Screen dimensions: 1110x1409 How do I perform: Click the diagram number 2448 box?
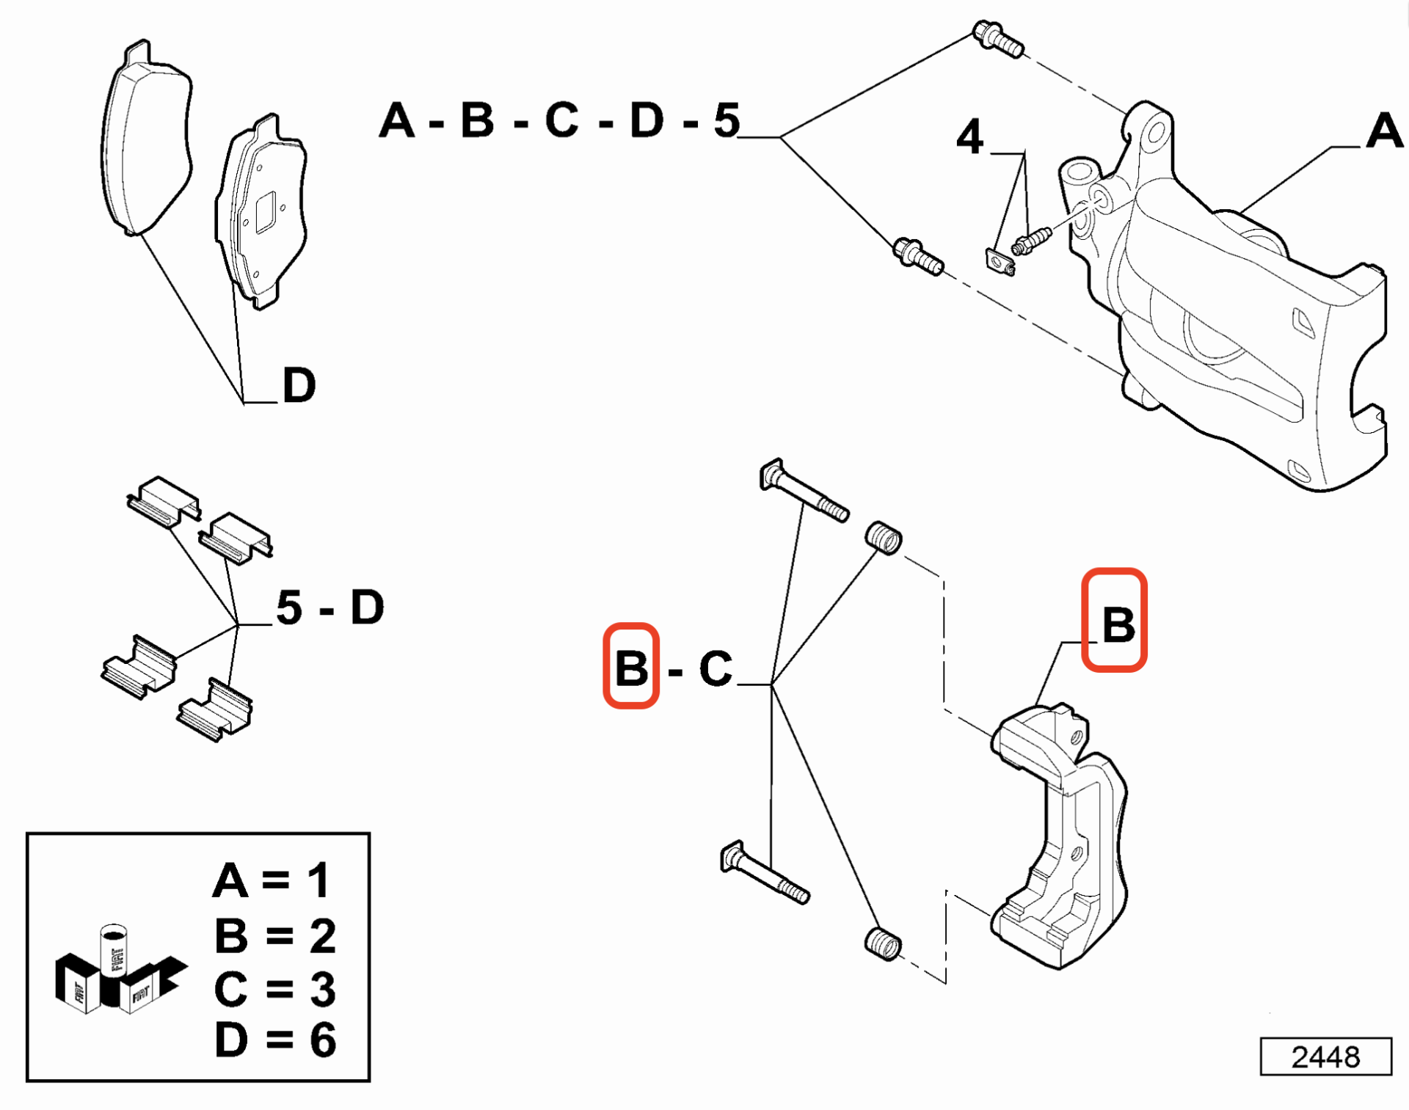1325,1056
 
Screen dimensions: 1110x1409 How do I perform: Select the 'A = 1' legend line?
272,880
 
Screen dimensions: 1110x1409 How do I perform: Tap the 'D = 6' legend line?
275,1040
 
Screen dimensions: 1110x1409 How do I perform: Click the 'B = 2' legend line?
275,935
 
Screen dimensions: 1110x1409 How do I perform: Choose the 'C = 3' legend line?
275,988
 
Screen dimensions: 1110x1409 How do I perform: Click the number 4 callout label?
969,137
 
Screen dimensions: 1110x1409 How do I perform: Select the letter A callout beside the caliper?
1384,131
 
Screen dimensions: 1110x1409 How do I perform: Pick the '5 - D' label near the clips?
330,607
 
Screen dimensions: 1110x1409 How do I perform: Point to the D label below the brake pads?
299,384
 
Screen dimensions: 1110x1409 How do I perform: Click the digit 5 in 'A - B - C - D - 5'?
727,121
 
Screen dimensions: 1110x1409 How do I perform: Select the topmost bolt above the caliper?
998,39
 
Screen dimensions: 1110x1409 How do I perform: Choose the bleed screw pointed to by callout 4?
1032,241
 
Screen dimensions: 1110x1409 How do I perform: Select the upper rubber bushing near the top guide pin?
883,538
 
